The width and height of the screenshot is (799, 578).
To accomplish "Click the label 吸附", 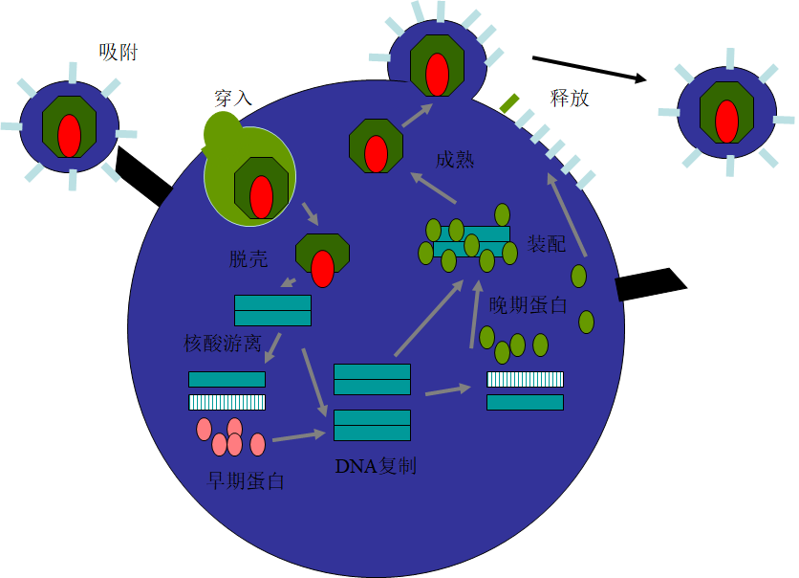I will coord(119,53).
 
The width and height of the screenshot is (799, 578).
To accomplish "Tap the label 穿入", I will coord(233,99).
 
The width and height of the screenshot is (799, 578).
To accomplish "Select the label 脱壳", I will coord(248,259).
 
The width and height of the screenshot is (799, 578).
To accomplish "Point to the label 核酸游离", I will coord(223,344).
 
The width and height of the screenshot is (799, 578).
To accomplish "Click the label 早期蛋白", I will coord(246,480).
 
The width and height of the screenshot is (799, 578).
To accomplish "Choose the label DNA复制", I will coord(376,467).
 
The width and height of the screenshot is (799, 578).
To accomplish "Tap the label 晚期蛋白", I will coord(528,305).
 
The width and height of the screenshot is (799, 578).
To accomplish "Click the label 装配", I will coord(547,243).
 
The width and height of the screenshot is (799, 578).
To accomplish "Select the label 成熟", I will coord(454,160).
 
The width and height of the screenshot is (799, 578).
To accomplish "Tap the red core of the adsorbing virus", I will coord(70,135).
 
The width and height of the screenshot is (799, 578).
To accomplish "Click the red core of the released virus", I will coord(726,122).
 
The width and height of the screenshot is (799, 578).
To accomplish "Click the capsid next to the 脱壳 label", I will coord(322,258).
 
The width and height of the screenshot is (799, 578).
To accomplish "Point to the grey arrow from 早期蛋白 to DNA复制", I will coord(298,436).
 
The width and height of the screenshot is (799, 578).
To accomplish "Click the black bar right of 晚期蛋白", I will coord(650,284).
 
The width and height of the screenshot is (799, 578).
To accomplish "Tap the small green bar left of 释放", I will coord(509,101).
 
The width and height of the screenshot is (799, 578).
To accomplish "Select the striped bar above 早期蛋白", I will coord(227,402).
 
